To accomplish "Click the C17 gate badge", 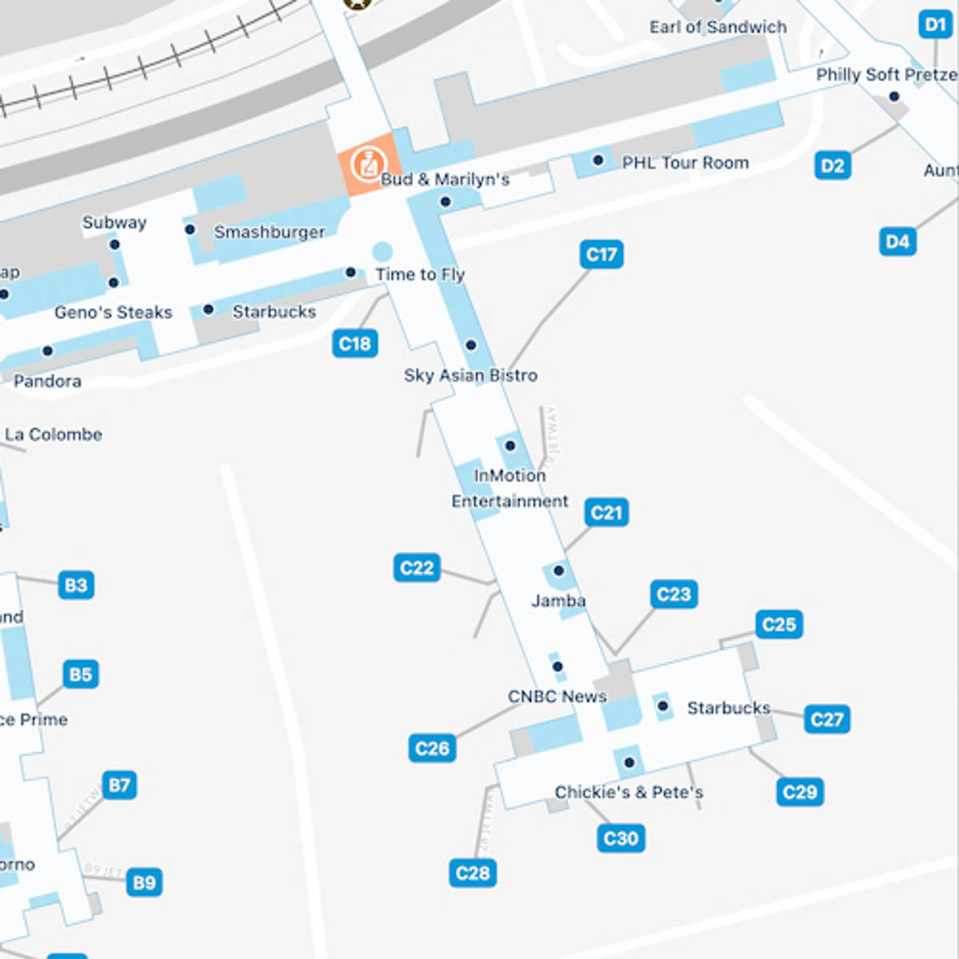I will click(601, 255).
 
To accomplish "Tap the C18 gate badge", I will click(355, 344).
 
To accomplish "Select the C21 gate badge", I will click(607, 512).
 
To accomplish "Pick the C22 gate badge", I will click(416, 568).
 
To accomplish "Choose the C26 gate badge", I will click(432, 748).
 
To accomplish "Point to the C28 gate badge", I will click(472, 873).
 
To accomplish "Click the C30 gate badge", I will click(621, 838).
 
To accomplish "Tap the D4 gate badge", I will click(897, 241).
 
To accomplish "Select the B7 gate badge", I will click(119, 785).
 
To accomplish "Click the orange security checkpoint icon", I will click(367, 164).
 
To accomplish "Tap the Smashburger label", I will click(269, 232).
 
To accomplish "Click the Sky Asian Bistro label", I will click(471, 375).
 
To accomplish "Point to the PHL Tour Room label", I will click(686, 162).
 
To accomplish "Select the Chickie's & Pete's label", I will click(629, 792).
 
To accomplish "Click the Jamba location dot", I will click(559, 571).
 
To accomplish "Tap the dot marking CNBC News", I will click(557, 667).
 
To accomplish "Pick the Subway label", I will click(114, 222).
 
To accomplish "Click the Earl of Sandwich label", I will click(718, 27).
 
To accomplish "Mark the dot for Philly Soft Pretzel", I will click(894, 97).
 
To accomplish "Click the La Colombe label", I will click(54, 435).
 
